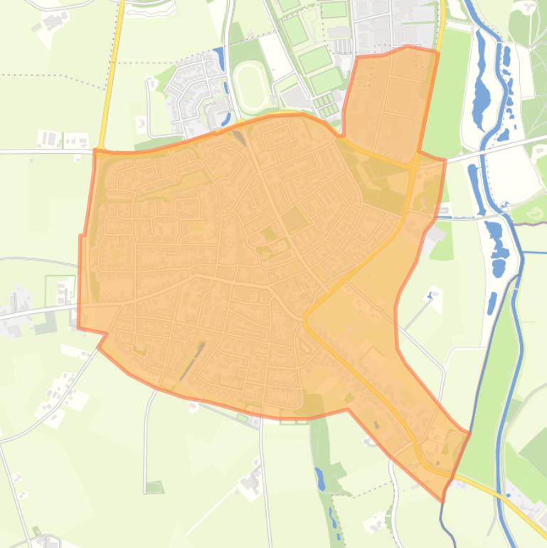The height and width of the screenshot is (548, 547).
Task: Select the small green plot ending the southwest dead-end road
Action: (x=154, y=488)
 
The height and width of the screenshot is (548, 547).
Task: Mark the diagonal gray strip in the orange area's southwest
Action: (x=191, y=362)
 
